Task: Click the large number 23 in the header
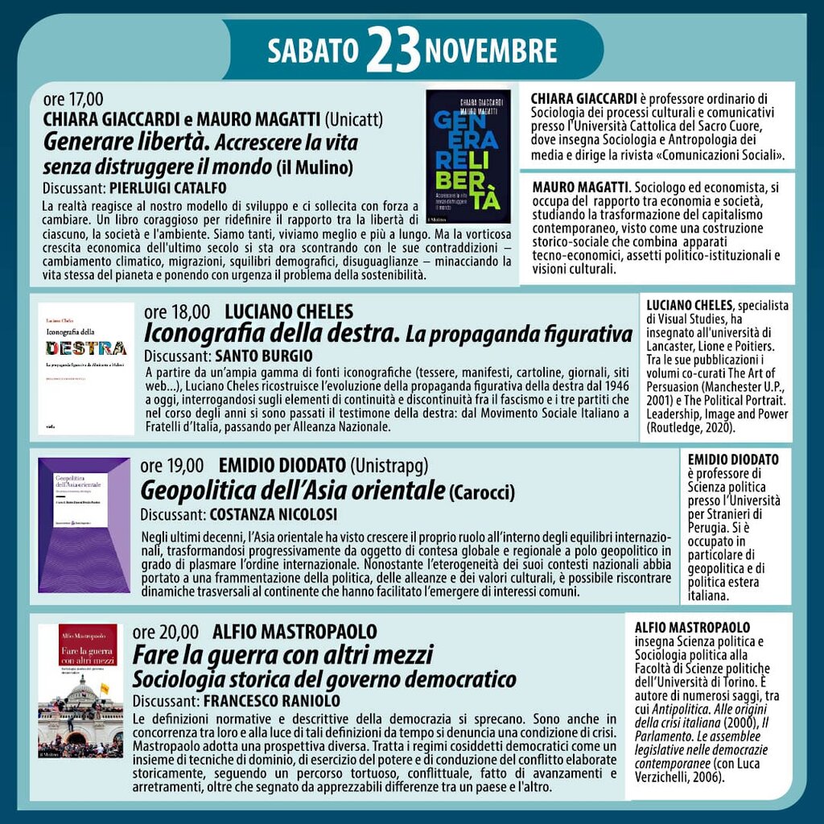(393, 51)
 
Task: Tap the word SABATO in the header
(312, 51)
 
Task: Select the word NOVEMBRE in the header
(490, 51)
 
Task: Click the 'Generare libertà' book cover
(468, 156)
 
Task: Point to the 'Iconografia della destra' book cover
(86, 369)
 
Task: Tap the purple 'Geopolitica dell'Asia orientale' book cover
(84, 525)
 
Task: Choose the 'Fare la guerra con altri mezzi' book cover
(80, 690)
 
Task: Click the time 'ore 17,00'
(73, 100)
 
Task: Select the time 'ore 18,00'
(177, 312)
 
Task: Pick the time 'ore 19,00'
(172, 466)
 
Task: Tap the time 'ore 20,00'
(165, 632)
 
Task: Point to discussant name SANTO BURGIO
(263, 355)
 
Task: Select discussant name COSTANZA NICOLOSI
(273, 513)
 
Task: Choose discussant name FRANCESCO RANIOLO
(272, 701)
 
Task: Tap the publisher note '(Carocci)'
(482, 491)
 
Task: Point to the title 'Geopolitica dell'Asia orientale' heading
(292, 489)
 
